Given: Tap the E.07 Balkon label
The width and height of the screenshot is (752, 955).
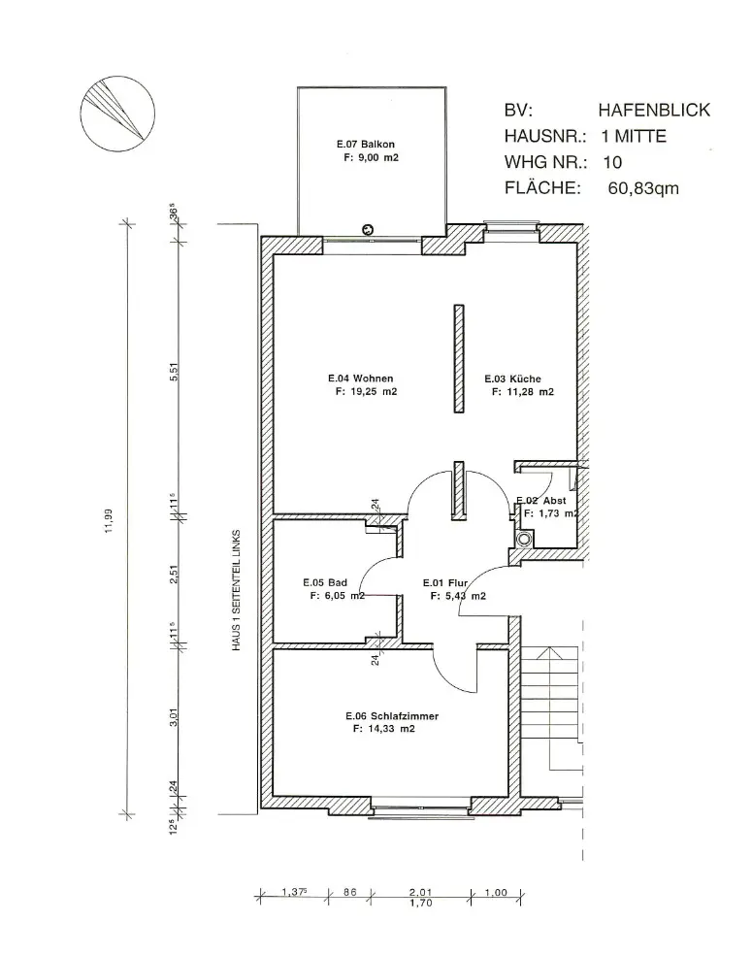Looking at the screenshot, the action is [366, 145].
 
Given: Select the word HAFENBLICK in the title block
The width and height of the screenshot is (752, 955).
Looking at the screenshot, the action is [654, 111].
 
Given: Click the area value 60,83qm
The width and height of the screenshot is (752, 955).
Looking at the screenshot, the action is [643, 188].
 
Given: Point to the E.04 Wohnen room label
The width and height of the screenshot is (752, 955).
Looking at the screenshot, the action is [360, 379].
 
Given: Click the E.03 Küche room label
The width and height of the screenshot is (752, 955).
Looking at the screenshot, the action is [512, 379].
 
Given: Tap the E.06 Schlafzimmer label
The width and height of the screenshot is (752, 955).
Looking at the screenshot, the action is [392, 716].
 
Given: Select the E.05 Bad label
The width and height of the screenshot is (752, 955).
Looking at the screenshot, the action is [325, 582].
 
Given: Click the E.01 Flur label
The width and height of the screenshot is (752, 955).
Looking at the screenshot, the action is [445, 583].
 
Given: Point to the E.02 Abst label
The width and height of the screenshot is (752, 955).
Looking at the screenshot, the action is [541, 501].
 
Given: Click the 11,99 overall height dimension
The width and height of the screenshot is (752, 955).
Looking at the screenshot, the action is [109, 521].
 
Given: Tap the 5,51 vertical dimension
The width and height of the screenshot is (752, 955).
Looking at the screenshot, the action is [174, 372].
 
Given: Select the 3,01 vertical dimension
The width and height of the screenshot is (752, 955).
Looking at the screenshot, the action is [174, 717].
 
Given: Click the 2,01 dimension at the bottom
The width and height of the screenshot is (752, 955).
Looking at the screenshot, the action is [420, 892].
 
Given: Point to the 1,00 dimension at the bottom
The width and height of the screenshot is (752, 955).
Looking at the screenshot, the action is [496, 892].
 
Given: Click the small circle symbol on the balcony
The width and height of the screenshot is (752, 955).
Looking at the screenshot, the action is [367, 230].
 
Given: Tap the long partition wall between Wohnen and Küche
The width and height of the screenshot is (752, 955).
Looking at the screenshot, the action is [459, 359].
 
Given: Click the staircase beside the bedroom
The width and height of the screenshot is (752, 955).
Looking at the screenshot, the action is [551, 707].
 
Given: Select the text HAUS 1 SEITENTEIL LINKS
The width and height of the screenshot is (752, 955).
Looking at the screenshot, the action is [236, 590].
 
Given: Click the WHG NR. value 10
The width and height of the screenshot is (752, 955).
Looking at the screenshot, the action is [612, 162].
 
